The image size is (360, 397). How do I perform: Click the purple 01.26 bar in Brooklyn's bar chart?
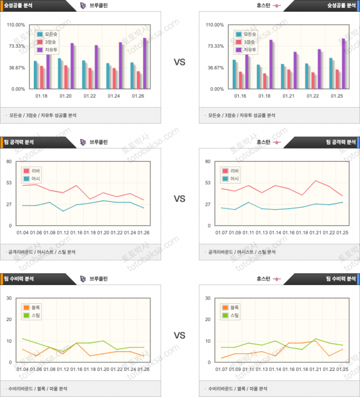point(145,63)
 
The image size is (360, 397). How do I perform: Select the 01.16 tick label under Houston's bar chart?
point(240,96)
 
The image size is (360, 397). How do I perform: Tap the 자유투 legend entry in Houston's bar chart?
point(248,50)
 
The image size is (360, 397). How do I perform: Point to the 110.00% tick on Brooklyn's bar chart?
point(16,25)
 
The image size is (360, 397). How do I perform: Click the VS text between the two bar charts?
point(179,63)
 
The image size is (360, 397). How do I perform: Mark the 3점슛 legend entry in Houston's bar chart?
point(248,42)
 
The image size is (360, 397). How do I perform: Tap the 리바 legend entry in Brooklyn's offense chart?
point(34,171)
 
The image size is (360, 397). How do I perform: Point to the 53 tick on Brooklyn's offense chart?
point(9,182)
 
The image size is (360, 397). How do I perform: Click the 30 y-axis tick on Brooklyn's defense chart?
point(9,298)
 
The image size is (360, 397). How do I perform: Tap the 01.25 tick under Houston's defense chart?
point(342,369)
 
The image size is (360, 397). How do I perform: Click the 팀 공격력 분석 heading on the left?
point(21,142)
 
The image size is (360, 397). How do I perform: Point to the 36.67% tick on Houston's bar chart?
point(215,68)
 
